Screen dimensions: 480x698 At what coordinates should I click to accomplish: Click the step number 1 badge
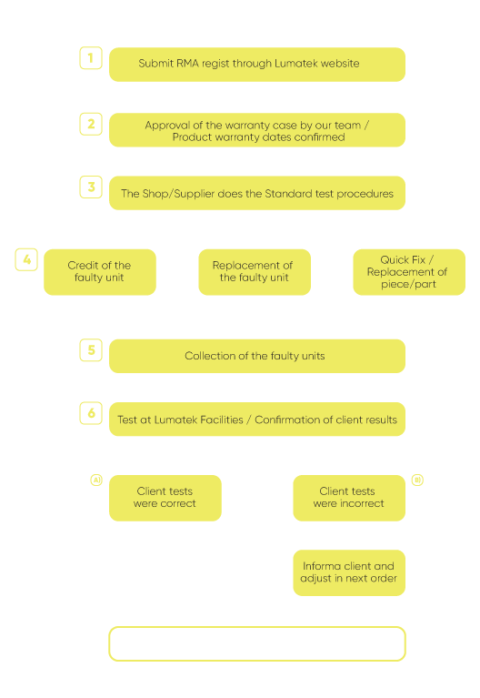(x=91, y=58)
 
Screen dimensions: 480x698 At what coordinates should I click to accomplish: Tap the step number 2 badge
(x=91, y=124)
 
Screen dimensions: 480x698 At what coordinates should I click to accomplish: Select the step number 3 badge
(x=91, y=187)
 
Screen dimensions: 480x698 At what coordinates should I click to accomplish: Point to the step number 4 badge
(x=26, y=259)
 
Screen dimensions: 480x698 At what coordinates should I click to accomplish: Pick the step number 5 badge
(x=91, y=349)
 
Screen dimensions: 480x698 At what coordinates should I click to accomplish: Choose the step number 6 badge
(x=91, y=413)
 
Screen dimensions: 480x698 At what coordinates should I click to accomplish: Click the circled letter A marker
(x=96, y=480)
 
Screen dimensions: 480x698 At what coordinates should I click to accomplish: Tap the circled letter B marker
(x=417, y=480)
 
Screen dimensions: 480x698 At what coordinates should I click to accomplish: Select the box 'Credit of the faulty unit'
(x=100, y=272)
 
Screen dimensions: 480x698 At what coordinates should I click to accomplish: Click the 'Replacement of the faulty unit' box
(x=255, y=272)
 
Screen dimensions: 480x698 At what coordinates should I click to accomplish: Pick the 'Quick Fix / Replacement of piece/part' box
(x=409, y=272)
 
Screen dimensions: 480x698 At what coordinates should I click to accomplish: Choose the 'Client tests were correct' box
(x=165, y=498)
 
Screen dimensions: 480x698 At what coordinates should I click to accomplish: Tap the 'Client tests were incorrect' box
(x=349, y=498)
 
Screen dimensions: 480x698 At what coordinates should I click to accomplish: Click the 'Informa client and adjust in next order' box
(x=349, y=572)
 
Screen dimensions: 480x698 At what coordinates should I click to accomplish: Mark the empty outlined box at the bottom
(x=257, y=627)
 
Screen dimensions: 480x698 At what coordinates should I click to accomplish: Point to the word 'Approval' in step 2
(x=167, y=126)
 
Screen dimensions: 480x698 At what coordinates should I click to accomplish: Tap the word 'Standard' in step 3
(x=288, y=194)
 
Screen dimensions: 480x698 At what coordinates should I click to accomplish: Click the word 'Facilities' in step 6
(x=221, y=420)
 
